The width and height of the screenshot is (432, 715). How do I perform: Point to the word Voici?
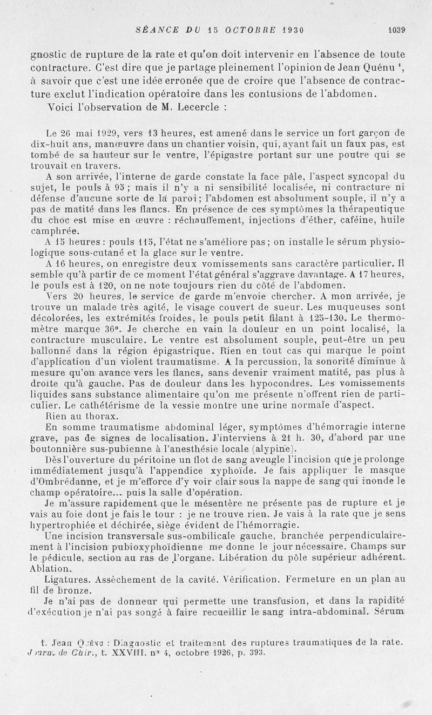(61, 107)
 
